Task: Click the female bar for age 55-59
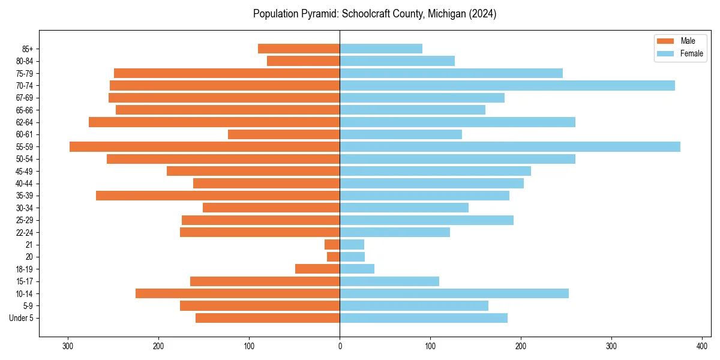(x=510, y=147)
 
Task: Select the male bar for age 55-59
(x=205, y=147)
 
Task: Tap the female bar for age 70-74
(x=507, y=86)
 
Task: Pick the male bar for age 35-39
(x=218, y=196)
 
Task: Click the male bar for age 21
(x=332, y=245)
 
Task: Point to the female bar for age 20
(x=352, y=257)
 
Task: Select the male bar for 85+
(x=299, y=49)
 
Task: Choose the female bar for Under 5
(x=424, y=318)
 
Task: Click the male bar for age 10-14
(x=238, y=293)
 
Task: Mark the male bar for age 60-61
(x=284, y=134)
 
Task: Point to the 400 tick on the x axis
(x=702, y=346)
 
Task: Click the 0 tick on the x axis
(x=340, y=346)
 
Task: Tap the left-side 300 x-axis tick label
(x=68, y=346)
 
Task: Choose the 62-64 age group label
(x=25, y=122)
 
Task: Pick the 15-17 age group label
(x=25, y=281)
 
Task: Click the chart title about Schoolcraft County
(x=374, y=14)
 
